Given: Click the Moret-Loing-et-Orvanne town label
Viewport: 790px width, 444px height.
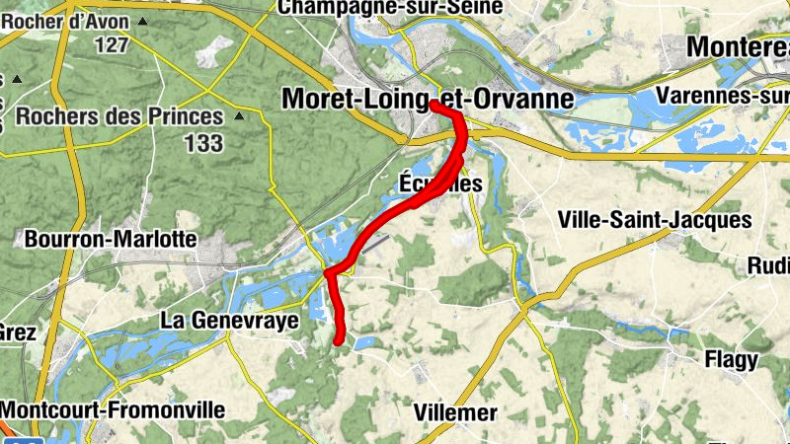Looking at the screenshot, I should (427, 99).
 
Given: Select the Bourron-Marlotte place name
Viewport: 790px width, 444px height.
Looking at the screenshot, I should (110, 240).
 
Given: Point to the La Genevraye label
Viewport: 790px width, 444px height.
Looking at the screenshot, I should (229, 321).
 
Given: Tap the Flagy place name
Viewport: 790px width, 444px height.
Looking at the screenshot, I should (731, 360).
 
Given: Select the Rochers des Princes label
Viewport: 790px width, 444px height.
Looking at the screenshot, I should (119, 116).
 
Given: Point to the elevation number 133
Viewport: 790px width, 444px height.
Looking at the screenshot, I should (202, 143).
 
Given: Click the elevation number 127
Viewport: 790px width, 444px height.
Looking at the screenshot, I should (113, 44).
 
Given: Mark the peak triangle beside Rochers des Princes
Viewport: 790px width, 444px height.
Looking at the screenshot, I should (238, 116).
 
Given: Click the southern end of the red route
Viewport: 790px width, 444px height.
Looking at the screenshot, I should (339, 341).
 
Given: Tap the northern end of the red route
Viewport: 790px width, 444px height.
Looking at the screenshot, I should (434, 103).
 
